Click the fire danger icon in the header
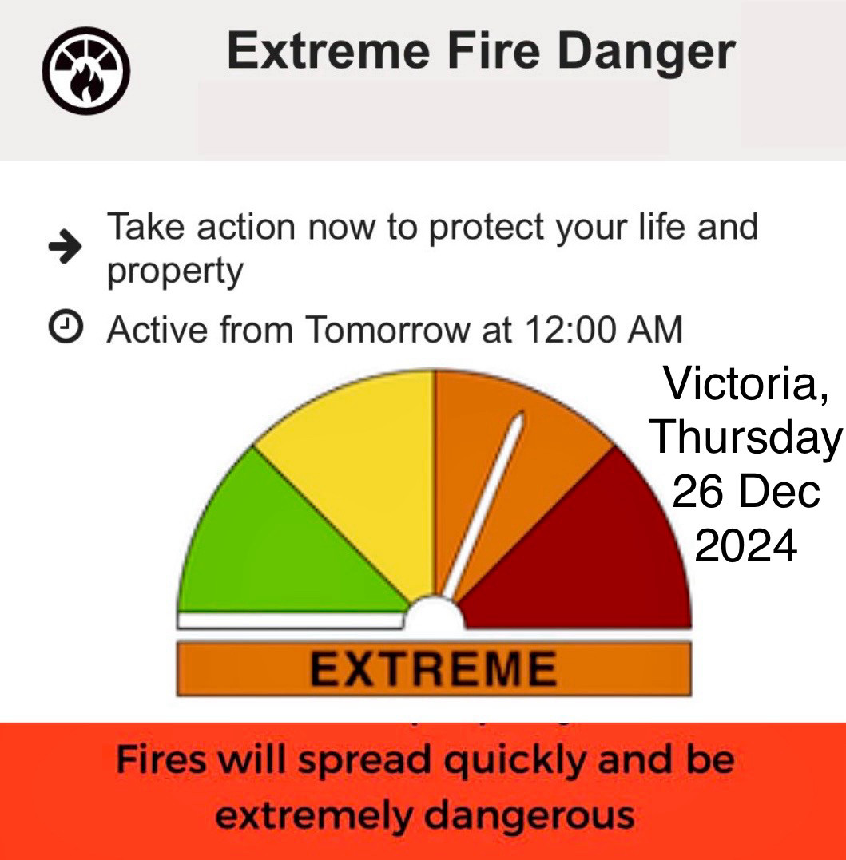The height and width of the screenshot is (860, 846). [86, 71]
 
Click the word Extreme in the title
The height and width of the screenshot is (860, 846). [328, 51]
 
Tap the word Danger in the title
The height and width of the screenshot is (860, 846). [646, 53]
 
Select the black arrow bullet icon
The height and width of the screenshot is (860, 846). [66, 246]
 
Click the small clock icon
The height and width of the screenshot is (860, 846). [66, 327]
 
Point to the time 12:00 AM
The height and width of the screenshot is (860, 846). [603, 330]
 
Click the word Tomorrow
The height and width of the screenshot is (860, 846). [387, 330]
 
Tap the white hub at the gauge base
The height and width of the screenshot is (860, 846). [435, 612]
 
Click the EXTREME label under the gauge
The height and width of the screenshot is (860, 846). [434, 668]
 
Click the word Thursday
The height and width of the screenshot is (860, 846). [745, 438]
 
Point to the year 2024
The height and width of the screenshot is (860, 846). [745, 545]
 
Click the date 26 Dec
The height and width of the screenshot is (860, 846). [745, 491]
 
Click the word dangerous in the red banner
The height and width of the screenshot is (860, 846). [530, 815]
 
